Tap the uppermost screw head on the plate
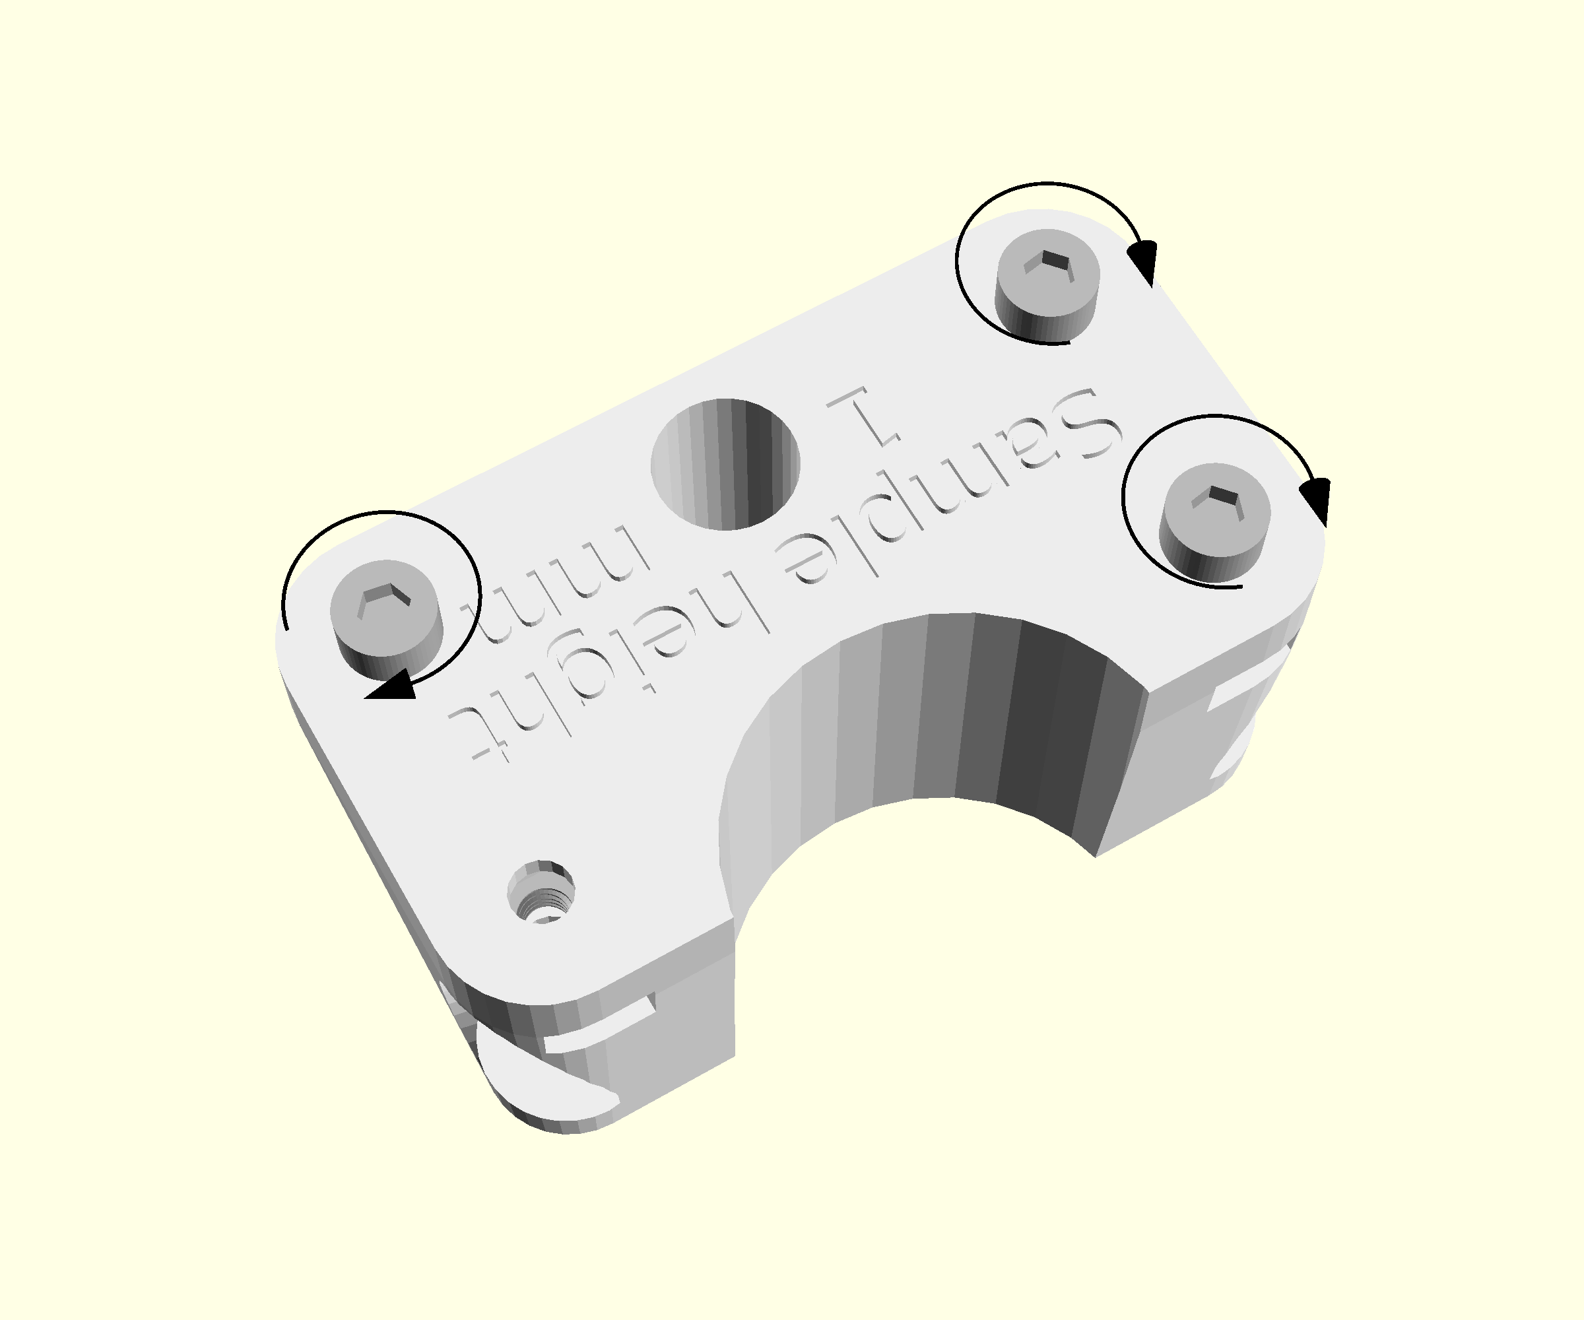[x=1047, y=285]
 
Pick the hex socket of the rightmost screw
[x=1216, y=500]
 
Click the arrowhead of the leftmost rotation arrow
[x=392, y=685]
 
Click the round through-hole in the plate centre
[x=725, y=464]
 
